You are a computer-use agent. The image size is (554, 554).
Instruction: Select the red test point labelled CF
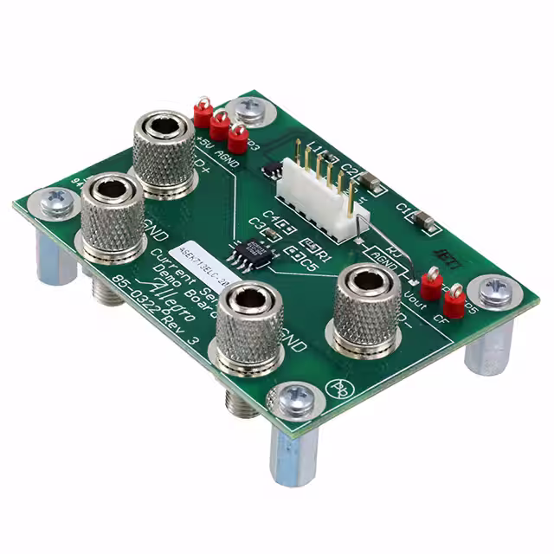(x=453, y=301)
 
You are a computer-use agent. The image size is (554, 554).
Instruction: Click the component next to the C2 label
(x=370, y=181)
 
